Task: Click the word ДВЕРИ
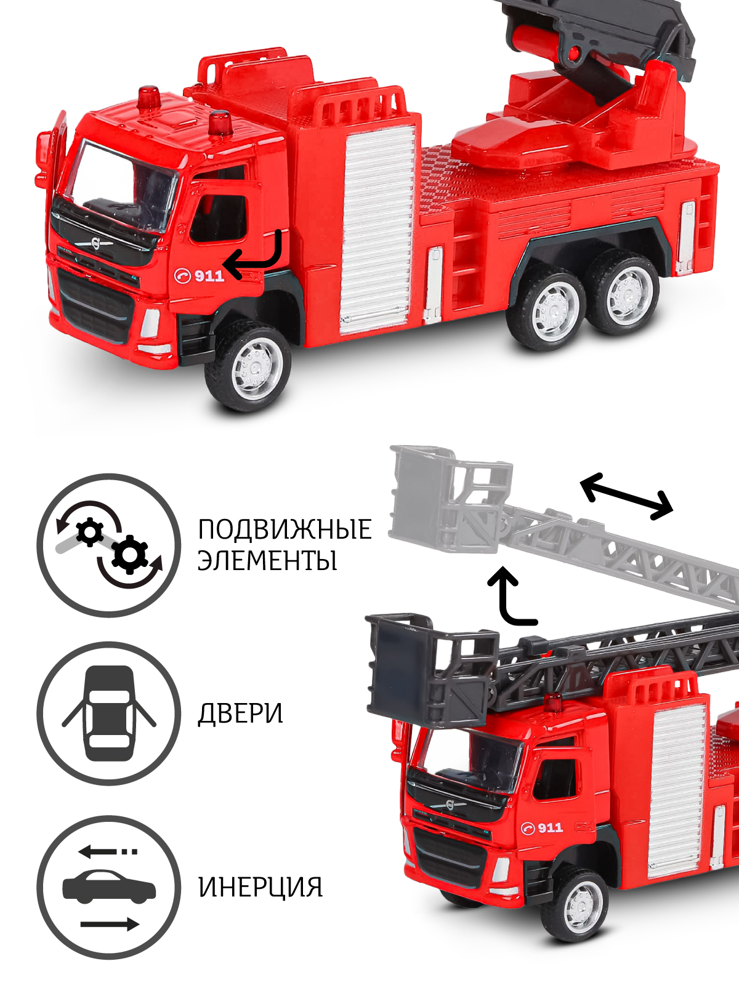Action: point(240,714)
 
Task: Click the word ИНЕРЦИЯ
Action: point(260,887)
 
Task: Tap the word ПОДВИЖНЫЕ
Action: point(285,529)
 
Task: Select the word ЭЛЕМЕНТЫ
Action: point(267,561)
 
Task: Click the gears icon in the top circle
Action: point(109,545)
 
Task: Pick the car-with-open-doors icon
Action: point(109,714)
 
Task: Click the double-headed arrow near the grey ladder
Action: point(626,496)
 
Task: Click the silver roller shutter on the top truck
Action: point(378,228)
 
